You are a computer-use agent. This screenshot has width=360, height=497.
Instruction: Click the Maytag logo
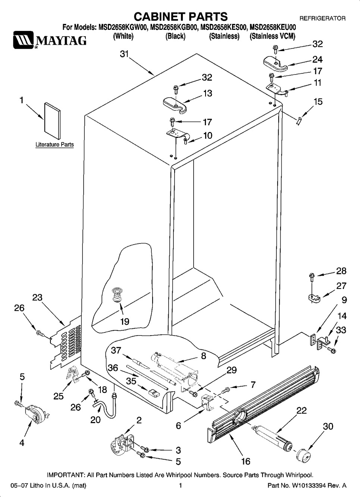[x=49, y=40]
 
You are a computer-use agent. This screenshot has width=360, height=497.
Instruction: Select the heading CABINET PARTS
[x=181, y=17]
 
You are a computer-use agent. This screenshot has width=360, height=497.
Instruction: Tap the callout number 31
[x=124, y=54]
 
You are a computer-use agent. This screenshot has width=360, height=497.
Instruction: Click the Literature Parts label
[x=54, y=145]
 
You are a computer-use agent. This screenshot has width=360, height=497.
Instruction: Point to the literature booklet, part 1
[x=52, y=120]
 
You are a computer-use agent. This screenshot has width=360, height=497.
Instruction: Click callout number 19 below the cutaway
[x=125, y=321]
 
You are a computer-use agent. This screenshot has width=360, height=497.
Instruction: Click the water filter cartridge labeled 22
[x=272, y=437]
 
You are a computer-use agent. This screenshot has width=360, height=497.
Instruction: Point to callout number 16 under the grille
[x=246, y=461]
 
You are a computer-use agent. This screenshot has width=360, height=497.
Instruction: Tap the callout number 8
[x=203, y=356]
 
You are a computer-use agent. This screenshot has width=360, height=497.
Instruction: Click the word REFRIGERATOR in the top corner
[x=322, y=18]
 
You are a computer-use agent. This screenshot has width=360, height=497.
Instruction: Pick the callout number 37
[x=116, y=350]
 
